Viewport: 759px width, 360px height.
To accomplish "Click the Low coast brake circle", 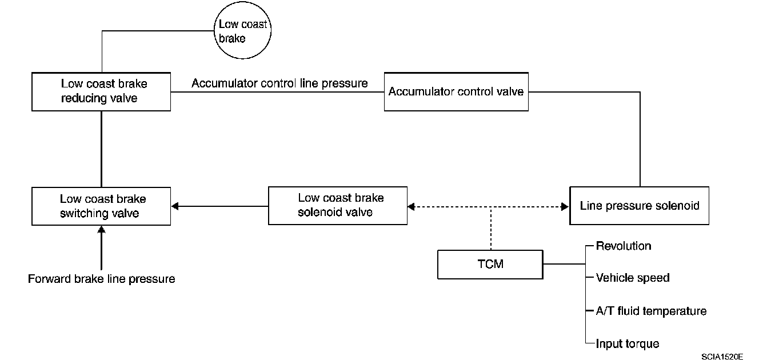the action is point(242,30).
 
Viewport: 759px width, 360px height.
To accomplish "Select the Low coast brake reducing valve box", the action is point(101,91).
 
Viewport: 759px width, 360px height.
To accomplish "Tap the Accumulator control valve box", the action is point(456,91).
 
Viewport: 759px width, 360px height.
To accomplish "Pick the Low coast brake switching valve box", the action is point(101,206).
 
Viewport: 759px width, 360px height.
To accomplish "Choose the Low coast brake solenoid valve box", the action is point(338,206).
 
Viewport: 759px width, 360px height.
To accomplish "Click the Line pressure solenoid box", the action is point(640,206).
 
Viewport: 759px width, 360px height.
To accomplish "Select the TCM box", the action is point(490,265).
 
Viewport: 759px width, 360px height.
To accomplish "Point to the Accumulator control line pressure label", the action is point(279,83).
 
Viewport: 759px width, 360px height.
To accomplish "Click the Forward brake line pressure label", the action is point(101,279).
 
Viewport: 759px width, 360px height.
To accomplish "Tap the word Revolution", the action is point(624,246).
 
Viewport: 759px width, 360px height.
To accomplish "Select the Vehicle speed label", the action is point(633,278).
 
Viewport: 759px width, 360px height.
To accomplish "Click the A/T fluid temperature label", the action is point(651,311).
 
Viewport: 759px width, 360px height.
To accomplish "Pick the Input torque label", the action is point(628,344).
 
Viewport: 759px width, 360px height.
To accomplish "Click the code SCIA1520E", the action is point(722,356).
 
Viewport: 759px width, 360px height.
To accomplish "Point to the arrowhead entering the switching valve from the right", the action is point(175,206).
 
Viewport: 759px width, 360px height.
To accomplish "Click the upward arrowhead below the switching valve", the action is point(101,230).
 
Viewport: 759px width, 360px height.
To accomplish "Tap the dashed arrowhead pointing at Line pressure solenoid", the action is point(565,206).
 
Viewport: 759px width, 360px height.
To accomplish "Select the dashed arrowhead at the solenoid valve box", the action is point(411,206).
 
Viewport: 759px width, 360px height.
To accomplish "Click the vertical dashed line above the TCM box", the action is point(491,228).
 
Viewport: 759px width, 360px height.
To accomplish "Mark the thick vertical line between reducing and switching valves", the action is point(101,149).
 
